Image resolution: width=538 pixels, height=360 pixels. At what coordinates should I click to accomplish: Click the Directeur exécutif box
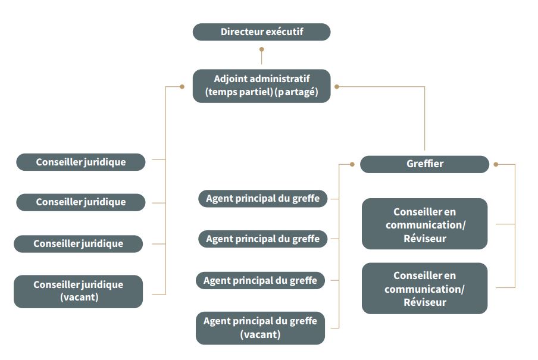261,32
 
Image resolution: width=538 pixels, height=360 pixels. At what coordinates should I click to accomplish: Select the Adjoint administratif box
261,86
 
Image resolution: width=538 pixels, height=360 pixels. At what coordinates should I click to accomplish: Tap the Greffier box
424,164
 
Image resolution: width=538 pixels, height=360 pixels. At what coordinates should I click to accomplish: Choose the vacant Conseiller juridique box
78,291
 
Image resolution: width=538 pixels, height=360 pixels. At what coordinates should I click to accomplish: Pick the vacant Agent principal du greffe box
260,328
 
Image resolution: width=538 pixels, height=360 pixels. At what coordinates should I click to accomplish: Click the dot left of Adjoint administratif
182,87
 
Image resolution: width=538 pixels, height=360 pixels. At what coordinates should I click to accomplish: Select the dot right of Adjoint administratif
337,87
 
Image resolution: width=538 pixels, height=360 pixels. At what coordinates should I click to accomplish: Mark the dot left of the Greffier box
352,164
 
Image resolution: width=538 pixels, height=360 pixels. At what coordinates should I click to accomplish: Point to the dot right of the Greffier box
496,164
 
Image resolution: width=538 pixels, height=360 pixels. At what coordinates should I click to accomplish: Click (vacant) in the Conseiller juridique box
79,298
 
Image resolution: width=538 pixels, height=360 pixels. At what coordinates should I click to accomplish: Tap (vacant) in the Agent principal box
260,334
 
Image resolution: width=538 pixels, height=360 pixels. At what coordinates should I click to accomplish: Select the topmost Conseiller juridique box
80,162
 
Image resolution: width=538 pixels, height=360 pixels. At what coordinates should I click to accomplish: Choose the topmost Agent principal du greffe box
262,199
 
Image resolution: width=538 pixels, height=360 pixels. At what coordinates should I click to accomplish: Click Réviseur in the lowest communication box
424,302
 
